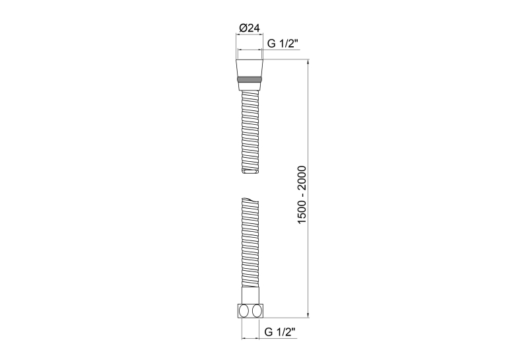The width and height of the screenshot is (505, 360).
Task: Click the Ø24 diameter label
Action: [250, 28]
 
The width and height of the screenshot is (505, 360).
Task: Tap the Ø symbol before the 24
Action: [243, 28]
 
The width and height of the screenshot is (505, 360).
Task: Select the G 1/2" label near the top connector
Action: [283, 43]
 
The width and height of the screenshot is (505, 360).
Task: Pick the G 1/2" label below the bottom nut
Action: [280, 332]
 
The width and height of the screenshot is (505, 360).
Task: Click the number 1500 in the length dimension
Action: [302, 213]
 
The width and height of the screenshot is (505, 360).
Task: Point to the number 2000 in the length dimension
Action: [302, 176]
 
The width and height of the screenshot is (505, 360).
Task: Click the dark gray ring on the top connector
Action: [250, 80]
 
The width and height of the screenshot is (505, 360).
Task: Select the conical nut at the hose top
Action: [250, 68]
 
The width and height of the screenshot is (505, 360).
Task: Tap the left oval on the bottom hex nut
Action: [244, 311]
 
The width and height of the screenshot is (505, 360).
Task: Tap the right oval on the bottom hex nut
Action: [257, 311]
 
